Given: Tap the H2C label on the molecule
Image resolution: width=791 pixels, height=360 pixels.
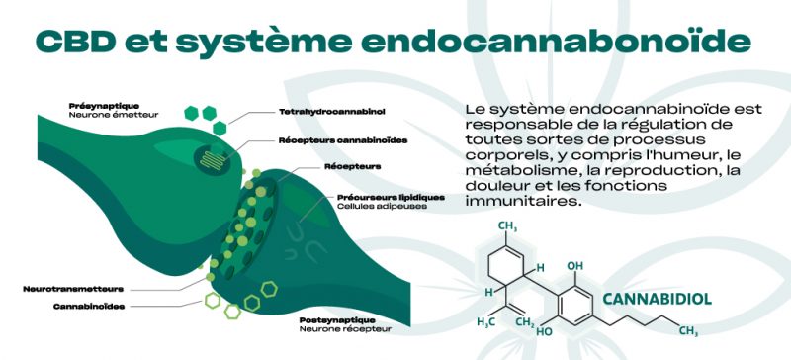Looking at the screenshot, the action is pos(485,322).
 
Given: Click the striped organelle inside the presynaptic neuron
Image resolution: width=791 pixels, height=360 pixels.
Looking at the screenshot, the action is pos(209,154).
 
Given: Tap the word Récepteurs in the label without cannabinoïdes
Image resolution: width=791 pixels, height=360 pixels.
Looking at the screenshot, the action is pos(353,167).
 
